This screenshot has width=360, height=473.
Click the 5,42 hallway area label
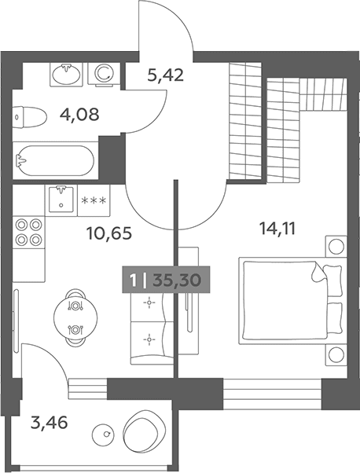click(x=165, y=75)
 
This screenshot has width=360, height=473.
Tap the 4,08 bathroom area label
click(x=79, y=115)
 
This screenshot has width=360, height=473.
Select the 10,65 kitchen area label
click(x=109, y=233)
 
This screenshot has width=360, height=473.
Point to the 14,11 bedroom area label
click(x=277, y=229)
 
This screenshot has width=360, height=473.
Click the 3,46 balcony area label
click(x=50, y=423)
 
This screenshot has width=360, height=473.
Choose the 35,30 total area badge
click(x=166, y=280)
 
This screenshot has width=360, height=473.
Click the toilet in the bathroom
click(x=30, y=117)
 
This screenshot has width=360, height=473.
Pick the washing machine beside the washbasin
click(x=104, y=74)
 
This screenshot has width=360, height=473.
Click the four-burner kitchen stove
click(x=29, y=232)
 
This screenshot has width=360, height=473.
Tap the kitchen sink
click(x=61, y=200)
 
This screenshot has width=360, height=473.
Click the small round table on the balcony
click(x=104, y=434)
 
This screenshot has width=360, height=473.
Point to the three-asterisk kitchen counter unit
click(x=94, y=200)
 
